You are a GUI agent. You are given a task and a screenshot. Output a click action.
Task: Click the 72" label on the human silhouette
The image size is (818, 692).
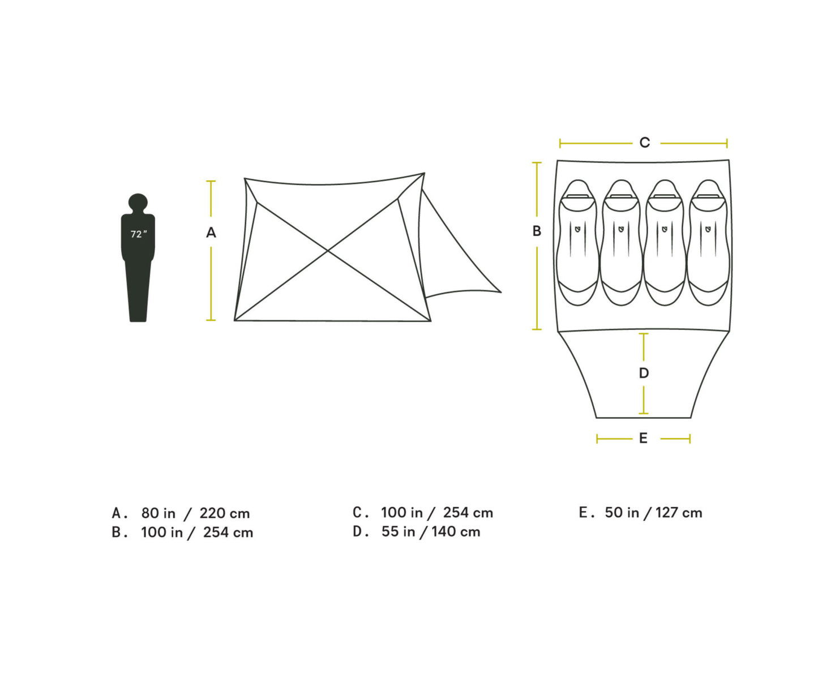coord(138,234)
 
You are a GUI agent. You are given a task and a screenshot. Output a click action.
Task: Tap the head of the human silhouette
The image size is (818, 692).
coord(138,203)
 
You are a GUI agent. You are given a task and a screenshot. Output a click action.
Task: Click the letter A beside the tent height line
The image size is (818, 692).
coord(211,233)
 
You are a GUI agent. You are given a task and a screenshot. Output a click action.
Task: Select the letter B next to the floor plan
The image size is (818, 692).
coord(537,231)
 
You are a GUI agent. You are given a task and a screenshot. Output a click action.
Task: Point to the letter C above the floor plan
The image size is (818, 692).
coord(644,143)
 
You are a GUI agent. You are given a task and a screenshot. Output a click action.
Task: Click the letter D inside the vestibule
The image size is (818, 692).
coord(644,373)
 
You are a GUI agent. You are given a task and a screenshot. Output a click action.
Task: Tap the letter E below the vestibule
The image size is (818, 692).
coord(643,438)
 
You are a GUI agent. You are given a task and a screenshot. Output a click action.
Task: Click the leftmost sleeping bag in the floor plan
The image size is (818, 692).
coord(577,243)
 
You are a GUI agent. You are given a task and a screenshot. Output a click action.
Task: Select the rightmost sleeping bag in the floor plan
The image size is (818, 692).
coord(708,243)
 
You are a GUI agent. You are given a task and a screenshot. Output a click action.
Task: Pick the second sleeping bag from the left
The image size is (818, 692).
coord(621,243)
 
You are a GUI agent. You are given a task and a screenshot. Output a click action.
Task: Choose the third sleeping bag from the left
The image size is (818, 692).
coord(665,243)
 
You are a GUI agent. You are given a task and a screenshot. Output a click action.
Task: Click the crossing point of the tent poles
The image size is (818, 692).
coord(328,250)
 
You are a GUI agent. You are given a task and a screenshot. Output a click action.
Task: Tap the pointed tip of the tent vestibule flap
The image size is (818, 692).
coord(500,292)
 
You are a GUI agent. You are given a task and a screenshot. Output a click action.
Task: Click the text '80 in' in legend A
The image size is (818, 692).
coord(159,513)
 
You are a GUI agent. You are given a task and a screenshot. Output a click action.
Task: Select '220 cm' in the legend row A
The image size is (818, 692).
coord(224,513)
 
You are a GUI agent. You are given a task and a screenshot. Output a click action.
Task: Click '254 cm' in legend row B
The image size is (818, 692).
coord(228,532)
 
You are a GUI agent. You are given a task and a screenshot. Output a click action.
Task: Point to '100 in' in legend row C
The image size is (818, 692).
coord(401,513)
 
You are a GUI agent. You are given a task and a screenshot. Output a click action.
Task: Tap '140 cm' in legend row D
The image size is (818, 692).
coord(456,532)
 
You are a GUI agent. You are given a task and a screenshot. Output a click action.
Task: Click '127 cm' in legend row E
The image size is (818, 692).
coord(679,513)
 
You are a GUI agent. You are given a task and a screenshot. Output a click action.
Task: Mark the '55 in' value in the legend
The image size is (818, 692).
coord(398,532)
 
